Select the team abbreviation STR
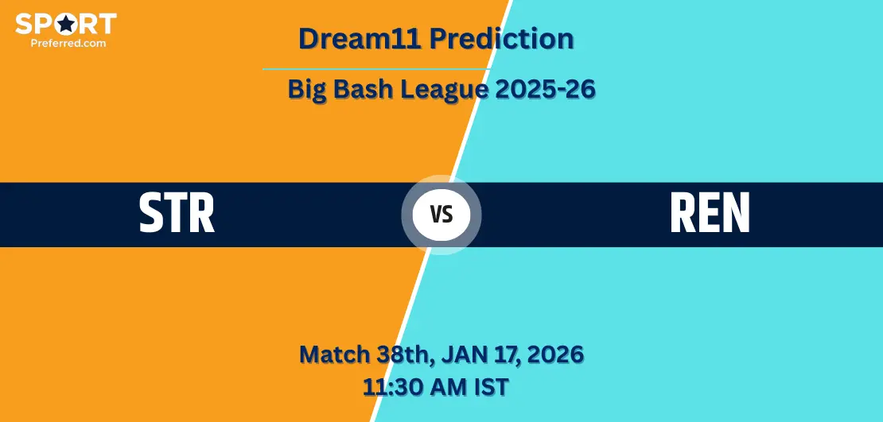(x=177, y=213)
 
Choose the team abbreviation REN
(x=710, y=213)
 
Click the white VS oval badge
(x=441, y=215)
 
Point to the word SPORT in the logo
(x=66, y=24)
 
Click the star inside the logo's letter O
(x=67, y=24)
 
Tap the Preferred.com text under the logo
(x=68, y=42)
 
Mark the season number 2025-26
(x=546, y=90)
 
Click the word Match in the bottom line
(x=334, y=354)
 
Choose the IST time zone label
(x=491, y=387)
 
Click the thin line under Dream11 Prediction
(x=377, y=69)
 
